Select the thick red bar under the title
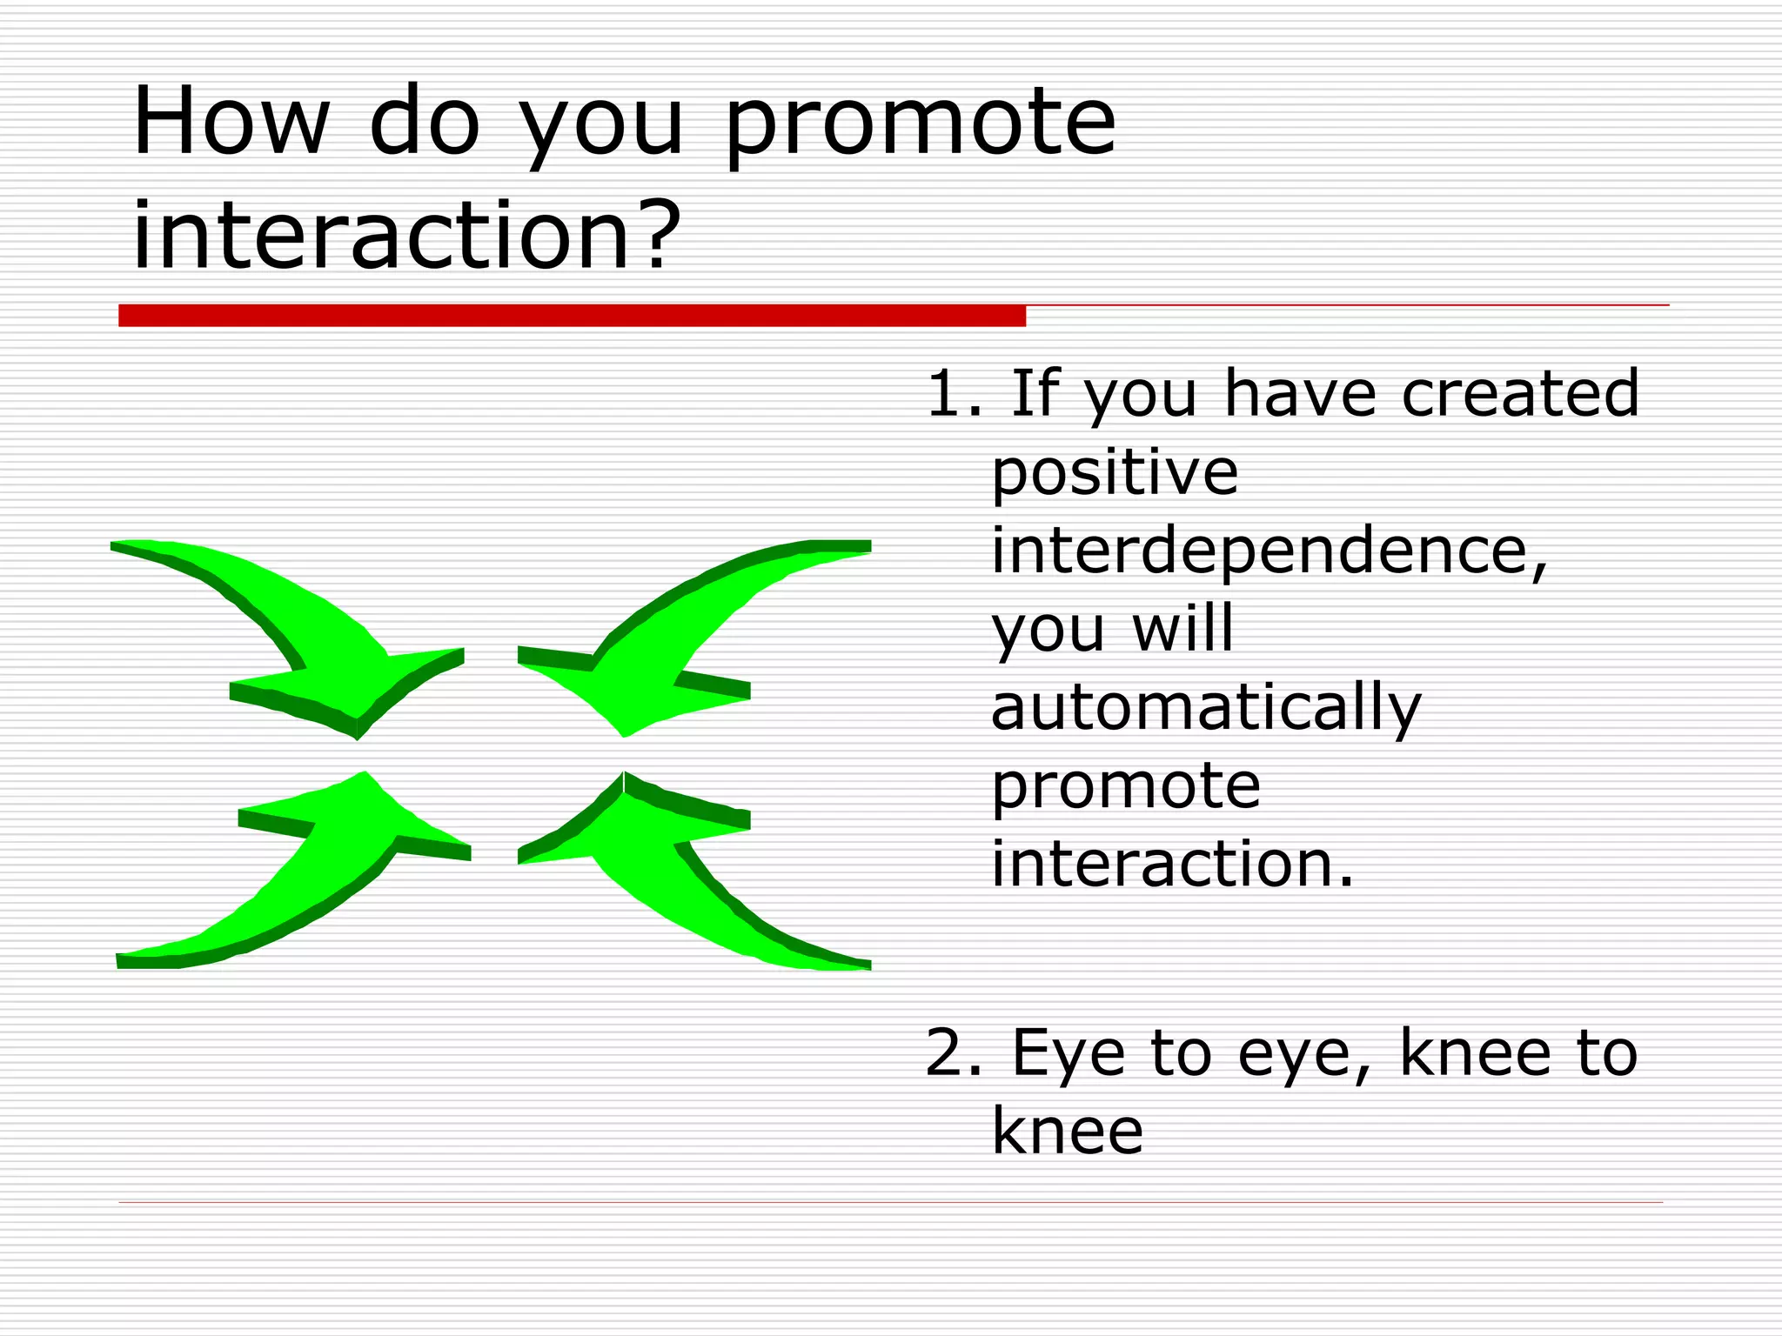[x=572, y=316]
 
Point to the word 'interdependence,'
[x=1270, y=551]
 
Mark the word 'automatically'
[x=1206, y=709]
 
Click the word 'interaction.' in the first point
[x=1172, y=865]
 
